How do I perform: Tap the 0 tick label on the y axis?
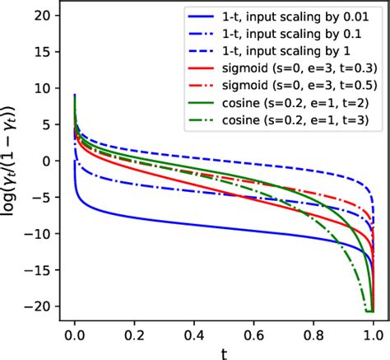coord(48,161)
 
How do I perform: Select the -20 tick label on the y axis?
coord(39,305)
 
